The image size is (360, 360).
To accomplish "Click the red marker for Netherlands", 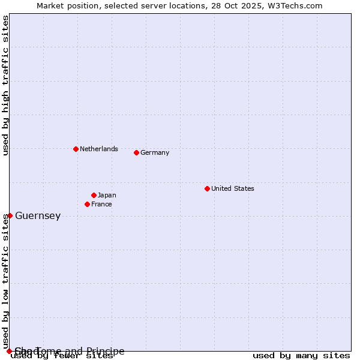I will point(76,149).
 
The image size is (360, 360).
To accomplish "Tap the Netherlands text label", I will point(99,149).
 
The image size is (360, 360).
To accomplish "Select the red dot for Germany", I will point(136,152).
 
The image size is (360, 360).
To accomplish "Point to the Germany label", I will point(155,152).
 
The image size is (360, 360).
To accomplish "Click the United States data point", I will point(207,188).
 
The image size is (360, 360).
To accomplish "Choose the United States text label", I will point(233,188).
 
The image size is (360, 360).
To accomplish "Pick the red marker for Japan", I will point(94,195).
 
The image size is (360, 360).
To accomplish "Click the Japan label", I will point(107,195).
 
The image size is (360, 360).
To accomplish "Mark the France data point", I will point(87,204).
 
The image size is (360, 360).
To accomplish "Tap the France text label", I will point(101,204).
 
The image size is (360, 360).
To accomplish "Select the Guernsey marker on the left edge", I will point(10,215).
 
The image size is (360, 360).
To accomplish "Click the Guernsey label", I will point(38,216).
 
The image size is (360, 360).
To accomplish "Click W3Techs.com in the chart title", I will point(295,5).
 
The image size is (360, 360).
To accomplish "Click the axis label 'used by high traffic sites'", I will point(5,85).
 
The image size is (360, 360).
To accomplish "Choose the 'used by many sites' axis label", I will point(301,356).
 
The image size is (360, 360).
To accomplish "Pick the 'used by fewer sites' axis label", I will point(62,356).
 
